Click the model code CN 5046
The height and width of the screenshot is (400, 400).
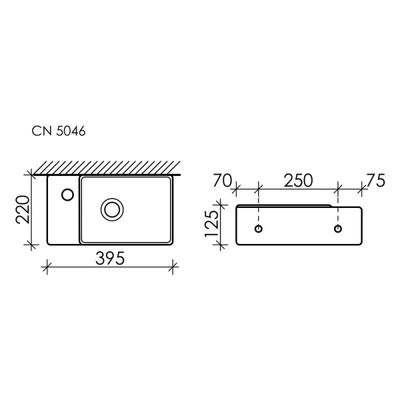(x=59, y=131)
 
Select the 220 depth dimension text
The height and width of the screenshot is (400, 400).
(x=21, y=210)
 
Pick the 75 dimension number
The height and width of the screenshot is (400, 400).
(x=375, y=180)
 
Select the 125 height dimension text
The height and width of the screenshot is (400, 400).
(x=211, y=226)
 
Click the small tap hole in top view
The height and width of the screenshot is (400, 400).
(x=67, y=194)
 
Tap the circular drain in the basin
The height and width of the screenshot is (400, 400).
(x=111, y=209)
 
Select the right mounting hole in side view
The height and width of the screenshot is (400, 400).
(x=339, y=229)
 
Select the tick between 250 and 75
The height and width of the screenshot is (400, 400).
(x=339, y=189)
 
